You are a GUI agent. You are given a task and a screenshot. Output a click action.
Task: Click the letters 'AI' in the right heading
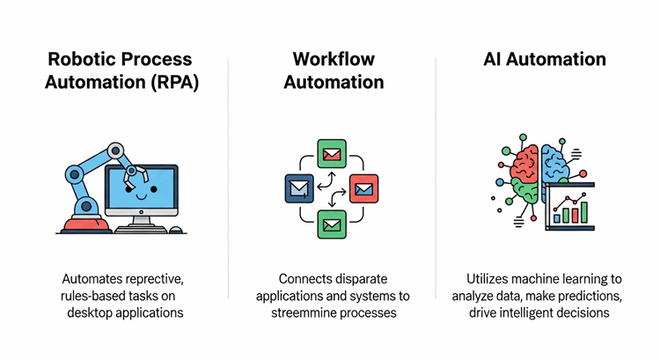pyautogui.click(x=497, y=59)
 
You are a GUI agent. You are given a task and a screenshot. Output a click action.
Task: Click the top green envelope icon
pyautogui.click(x=331, y=156)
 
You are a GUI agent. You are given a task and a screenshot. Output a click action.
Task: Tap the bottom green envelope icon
pyautogui.click(x=331, y=224)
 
